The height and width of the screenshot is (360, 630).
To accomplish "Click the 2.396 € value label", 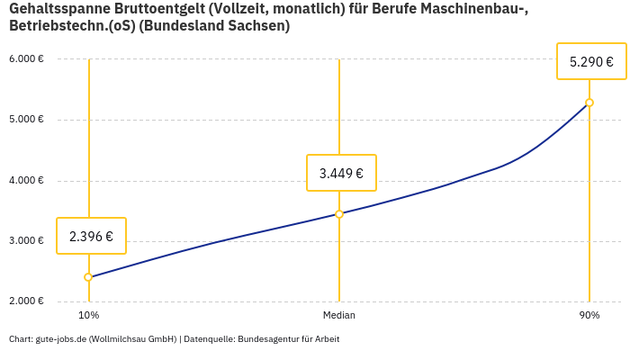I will point(91,237).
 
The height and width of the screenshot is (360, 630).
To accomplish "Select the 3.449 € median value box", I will point(341,173).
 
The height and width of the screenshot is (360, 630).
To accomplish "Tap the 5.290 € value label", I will point(591,62).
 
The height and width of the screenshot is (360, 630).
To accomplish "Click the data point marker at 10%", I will point(88,277).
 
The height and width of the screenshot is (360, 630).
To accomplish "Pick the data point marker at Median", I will point(339,214).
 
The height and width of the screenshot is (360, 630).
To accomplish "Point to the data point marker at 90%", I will point(589,103).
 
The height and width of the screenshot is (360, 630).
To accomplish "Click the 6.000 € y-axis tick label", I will point(26,59).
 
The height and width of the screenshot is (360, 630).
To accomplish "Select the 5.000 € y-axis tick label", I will point(26,120).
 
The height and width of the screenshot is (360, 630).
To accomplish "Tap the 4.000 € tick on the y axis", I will point(26,181).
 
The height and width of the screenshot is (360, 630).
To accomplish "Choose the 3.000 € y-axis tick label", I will point(26,241).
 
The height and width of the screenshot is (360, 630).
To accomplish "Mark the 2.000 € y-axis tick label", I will point(26,301).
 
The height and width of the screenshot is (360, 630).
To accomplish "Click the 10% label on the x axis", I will point(88,316).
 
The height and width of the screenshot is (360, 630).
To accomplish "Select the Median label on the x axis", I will point(339,316).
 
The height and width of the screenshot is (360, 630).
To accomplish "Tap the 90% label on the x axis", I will point(589,316).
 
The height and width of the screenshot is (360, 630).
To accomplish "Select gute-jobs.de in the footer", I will point(60,339).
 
